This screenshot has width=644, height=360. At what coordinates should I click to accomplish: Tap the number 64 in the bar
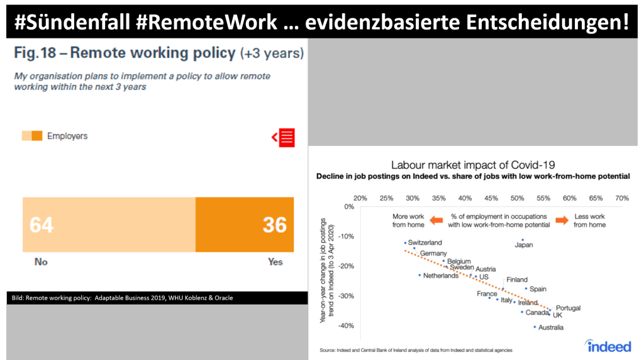click(42, 225)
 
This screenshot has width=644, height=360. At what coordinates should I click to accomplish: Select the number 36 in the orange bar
click(275, 225)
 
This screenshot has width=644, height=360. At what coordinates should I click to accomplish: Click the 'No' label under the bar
click(41, 261)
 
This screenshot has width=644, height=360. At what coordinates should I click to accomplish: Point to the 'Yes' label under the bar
click(275, 261)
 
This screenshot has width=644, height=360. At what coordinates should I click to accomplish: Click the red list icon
click(284, 137)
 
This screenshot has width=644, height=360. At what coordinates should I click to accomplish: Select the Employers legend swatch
click(32, 136)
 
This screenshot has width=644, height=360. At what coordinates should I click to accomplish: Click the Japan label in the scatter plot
click(524, 245)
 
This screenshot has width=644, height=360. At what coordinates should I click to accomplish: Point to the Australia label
click(551, 327)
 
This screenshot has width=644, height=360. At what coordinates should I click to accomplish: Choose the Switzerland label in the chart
click(425, 242)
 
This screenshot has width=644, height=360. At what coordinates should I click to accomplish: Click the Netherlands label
click(441, 276)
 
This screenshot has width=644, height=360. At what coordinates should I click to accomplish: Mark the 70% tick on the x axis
click(621, 198)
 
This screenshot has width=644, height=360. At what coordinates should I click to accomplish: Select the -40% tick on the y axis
click(347, 326)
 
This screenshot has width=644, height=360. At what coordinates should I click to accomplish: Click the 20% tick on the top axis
click(360, 198)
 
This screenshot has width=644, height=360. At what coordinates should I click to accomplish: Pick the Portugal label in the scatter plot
click(569, 308)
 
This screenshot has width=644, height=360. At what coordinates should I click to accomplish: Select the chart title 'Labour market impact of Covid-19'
click(472, 165)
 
